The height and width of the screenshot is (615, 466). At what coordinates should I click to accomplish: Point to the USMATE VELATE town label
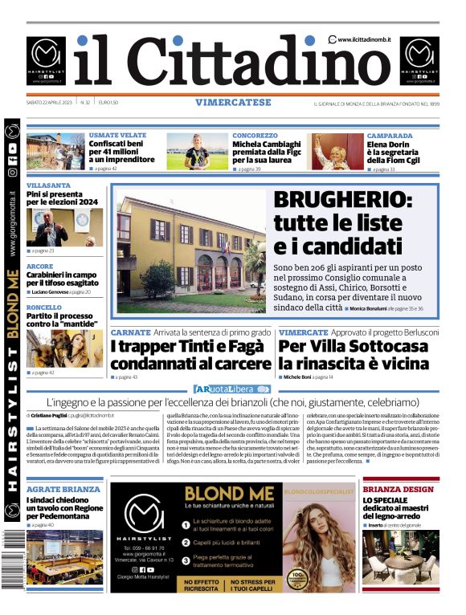click(117, 136)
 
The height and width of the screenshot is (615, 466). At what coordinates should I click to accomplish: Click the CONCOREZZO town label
click(255, 136)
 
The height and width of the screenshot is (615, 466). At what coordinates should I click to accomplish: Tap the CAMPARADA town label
click(390, 136)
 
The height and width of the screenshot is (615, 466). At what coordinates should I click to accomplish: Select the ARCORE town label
click(40, 267)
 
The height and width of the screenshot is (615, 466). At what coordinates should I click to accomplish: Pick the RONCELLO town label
click(44, 307)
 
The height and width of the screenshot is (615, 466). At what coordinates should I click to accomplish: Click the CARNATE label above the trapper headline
click(131, 332)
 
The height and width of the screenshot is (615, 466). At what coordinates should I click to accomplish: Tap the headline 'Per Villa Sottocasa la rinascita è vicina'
click(354, 355)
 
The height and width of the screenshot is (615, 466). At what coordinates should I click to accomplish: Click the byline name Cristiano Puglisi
click(55, 416)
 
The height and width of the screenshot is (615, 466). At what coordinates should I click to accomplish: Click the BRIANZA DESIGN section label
click(399, 489)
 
